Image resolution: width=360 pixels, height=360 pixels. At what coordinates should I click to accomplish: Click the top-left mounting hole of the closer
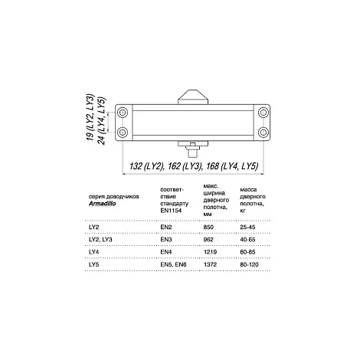point(123,113)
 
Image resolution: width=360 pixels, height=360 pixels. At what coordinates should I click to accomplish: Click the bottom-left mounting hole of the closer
point(123,133)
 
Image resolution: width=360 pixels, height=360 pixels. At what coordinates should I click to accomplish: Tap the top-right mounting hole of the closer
point(263,113)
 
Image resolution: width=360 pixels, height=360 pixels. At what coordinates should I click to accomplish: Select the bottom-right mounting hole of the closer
point(263,133)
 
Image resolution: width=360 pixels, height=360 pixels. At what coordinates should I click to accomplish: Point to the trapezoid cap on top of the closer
point(193,97)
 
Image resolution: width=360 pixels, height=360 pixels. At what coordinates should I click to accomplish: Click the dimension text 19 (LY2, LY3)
point(90,117)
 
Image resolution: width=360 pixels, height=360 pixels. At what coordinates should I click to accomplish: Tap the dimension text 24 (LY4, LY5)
point(101,120)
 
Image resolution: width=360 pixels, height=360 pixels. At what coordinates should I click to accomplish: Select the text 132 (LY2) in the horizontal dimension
point(146,166)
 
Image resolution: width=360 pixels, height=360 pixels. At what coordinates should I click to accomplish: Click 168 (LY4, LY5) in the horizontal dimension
point(232,166)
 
